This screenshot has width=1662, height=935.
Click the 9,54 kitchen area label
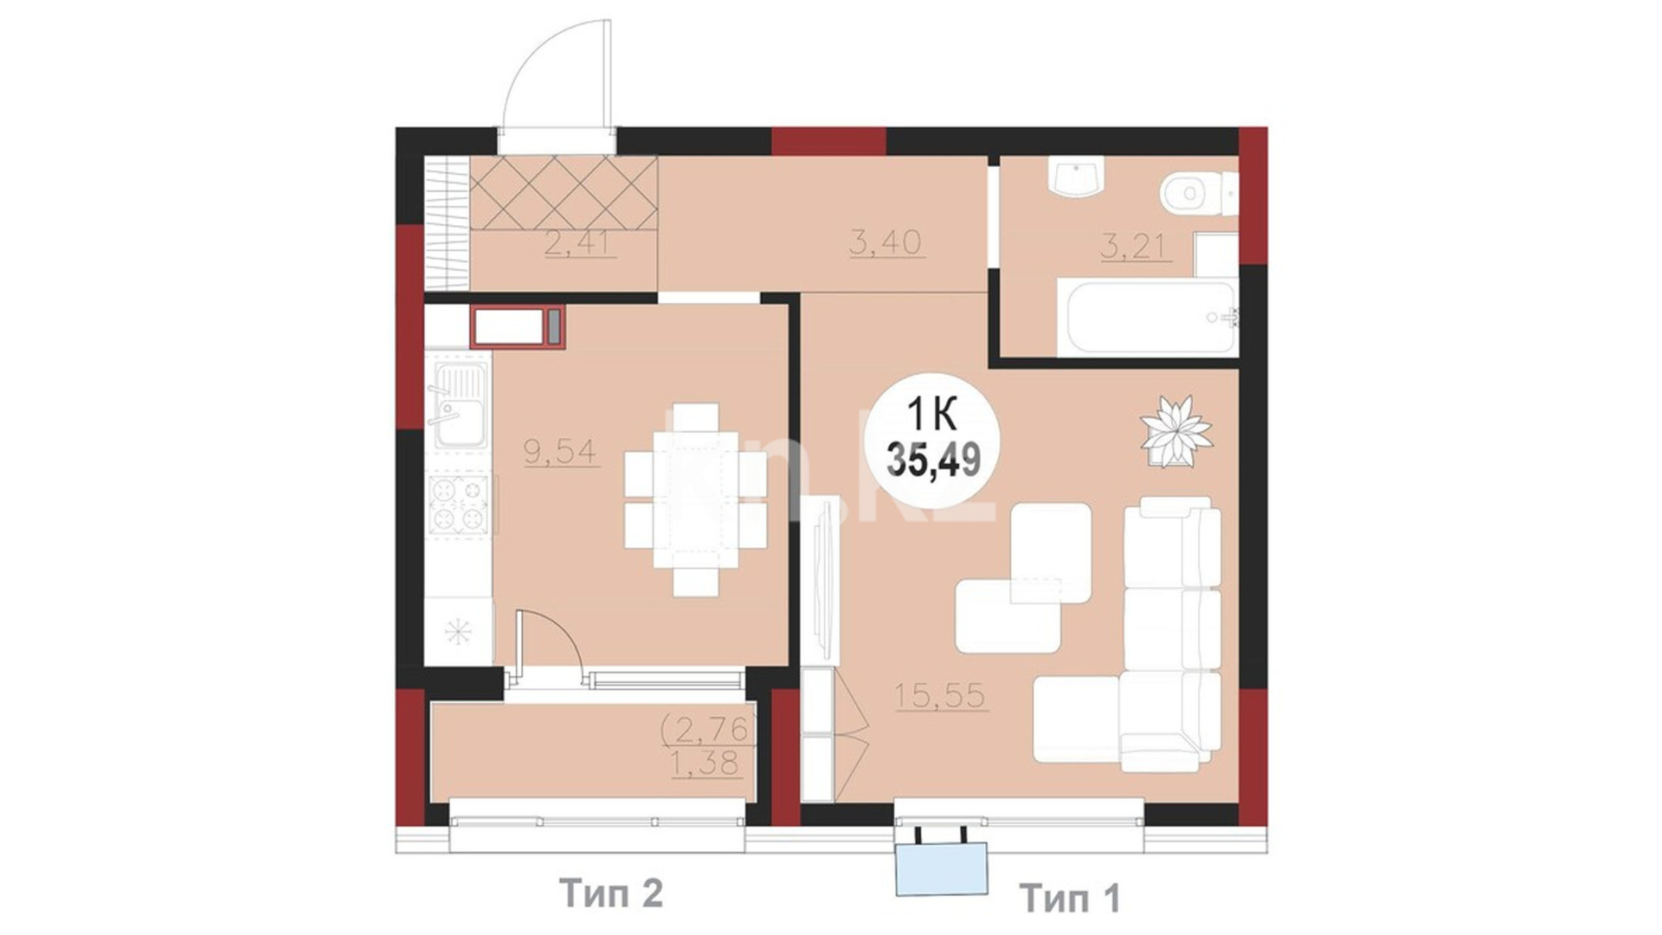(x=562, y=451)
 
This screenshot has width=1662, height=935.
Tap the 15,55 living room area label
(x=941, y=695)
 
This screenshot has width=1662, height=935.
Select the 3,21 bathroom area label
(x=1137, y=247)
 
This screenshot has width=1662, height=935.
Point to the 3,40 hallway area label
(x=886, y=242)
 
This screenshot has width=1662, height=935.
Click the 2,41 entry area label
(x=581, y=242)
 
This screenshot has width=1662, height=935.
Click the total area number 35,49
(x=933, y=461)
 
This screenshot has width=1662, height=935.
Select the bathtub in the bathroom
(x=1150, y=317)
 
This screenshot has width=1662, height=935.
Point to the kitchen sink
(x=459, y=405)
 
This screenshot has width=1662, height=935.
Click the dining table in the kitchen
(x=696, y=500)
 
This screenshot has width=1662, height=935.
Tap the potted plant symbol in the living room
(x=1176, y=432)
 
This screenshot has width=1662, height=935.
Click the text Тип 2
(x=611, y=892)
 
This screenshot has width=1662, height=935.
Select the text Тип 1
(x=1070, y=897)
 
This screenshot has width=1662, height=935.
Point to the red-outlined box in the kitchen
(x=518, y=326)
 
